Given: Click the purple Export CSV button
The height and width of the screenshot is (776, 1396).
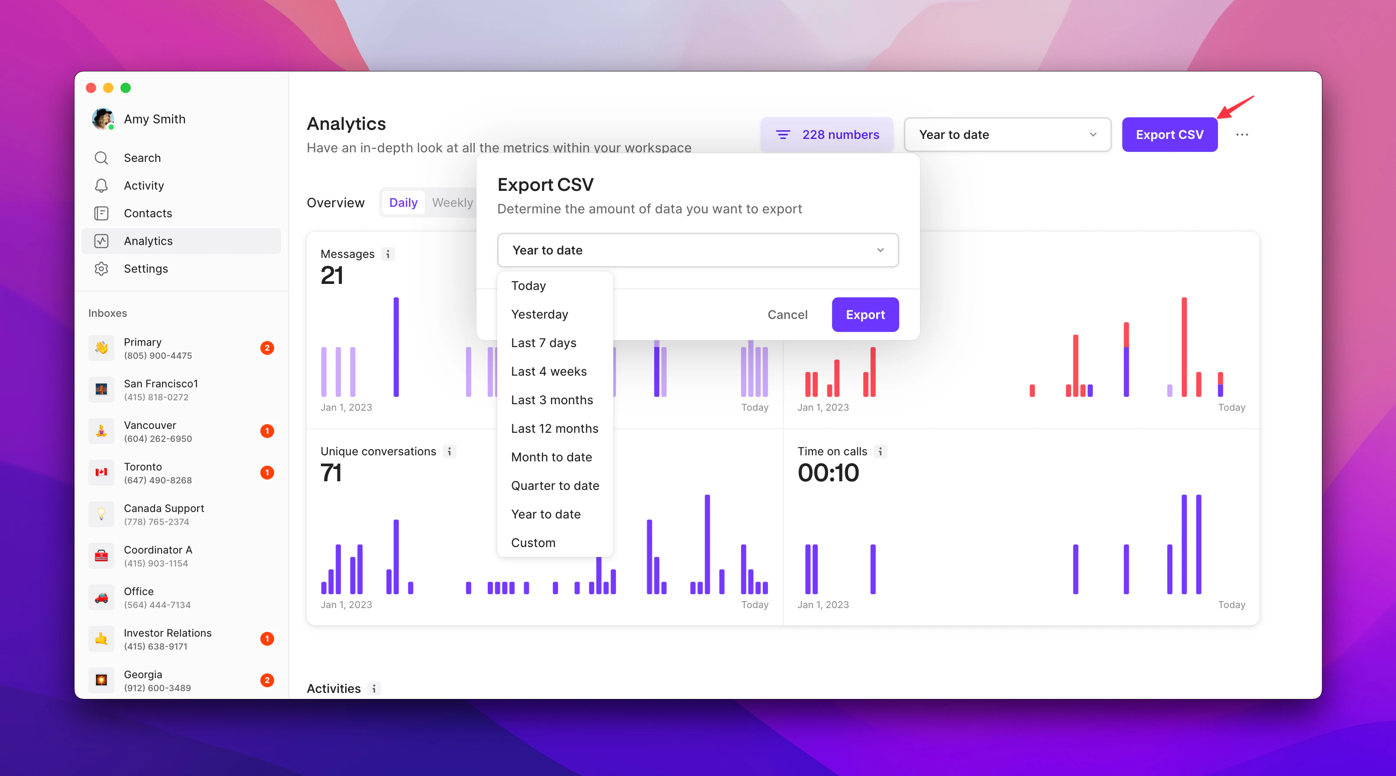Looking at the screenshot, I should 1169,135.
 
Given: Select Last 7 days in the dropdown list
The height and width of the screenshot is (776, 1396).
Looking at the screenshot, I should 544,343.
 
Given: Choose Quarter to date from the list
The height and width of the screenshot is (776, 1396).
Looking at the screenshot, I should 555,486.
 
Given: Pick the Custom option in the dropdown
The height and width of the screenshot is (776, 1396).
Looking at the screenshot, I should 533,543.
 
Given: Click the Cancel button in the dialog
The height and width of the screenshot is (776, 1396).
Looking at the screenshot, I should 787,315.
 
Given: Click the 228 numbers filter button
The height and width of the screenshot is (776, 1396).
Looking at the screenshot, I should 826,135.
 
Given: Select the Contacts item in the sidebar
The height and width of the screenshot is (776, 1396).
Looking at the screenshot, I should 147,213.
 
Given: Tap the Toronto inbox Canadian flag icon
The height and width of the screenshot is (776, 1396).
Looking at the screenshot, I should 101,472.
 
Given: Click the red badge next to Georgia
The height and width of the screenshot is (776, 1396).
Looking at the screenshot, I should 267,680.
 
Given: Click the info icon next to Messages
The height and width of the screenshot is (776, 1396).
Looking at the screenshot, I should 388,254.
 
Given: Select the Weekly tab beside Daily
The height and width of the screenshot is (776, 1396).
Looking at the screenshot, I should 452,203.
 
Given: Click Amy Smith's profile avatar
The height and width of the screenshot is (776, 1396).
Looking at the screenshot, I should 102,119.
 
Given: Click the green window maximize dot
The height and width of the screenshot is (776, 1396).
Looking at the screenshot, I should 126,88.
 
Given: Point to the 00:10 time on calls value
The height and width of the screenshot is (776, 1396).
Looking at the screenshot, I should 828,473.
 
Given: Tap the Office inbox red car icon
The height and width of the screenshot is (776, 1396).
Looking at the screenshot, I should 101,597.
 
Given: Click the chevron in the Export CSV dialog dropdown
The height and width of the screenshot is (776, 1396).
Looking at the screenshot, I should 880,250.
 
